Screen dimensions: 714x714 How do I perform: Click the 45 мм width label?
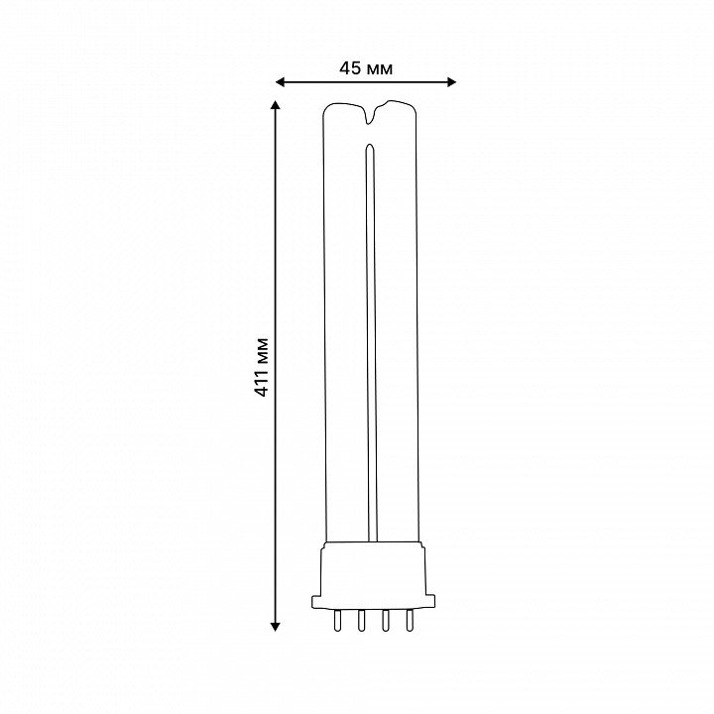point(366,68)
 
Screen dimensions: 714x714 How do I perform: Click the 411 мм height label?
point(262,368)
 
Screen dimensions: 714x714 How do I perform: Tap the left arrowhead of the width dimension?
point(280,82)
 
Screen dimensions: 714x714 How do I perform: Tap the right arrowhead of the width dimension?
point(451,82)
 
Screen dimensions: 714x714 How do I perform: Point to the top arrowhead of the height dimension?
point(275,106)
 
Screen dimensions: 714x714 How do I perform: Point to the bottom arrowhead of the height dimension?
point(275,627)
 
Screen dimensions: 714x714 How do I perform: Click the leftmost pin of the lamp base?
point(337,620)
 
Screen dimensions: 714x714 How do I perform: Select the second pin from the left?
point(362,620)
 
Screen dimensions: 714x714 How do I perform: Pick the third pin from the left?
point(386,620)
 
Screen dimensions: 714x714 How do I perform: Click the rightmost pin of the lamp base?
point(410,620)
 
